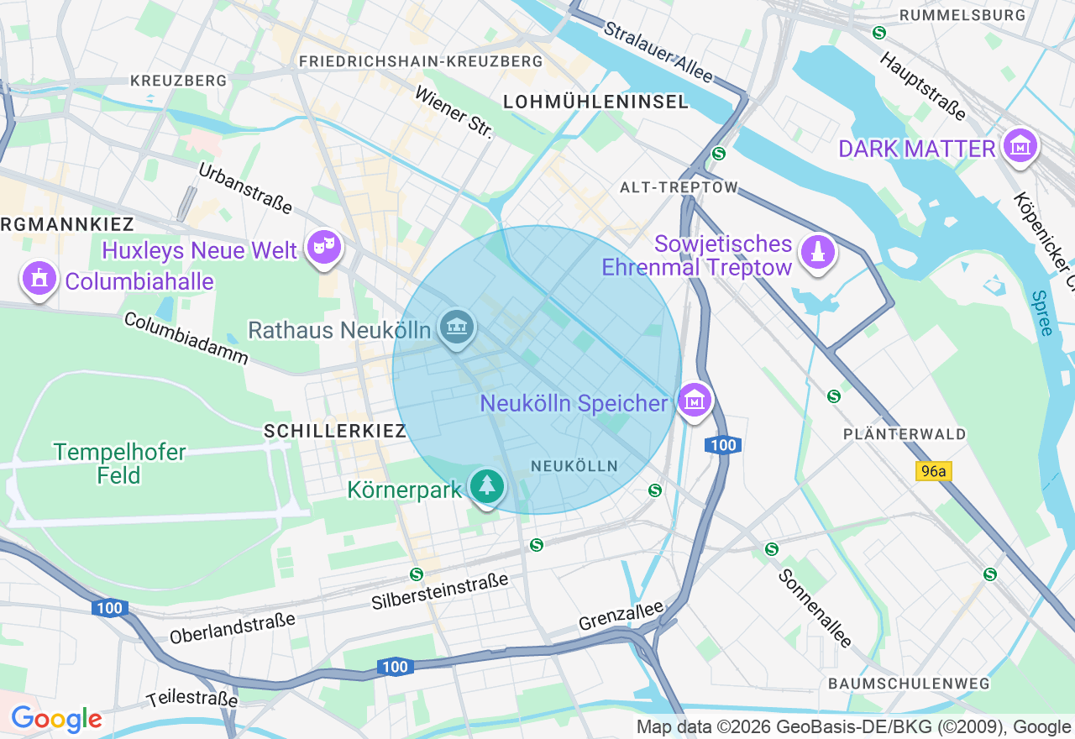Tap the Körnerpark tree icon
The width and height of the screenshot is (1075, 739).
pyautogui.click(x=487, y=486)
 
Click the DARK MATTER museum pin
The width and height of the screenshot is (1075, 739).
pyautogui.click(x=1020, y=146)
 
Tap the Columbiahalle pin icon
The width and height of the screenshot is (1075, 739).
pyautogui.click(x=39, y=279)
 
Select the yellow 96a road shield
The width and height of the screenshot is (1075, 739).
pyautogui.click(x=933, y=471)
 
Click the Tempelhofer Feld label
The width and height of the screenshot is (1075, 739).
pyautogui.click(x=119, y=464)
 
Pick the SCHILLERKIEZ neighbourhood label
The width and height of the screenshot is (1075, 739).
pyautogui.click(x=335, y=431)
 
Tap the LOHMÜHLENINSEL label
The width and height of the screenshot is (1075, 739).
pyautogui.click(x=595, y=102)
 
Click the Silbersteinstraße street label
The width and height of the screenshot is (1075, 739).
pyautogui.click(x=440, y=591)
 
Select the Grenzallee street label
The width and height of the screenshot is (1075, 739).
pyautogui.click(x=621, y=617)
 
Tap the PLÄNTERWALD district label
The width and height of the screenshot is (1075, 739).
pyautogui.click(x=905, y=434)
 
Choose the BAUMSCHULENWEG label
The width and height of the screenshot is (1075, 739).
pyautogui.click(x=909, y=684)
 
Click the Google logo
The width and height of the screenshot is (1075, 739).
pyautogui.click(x=56, y=720)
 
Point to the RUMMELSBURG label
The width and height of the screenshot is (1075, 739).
pyautogui.click(x=962, y=15)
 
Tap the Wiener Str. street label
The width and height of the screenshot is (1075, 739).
pyautogui.click(x=454, y=112)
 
